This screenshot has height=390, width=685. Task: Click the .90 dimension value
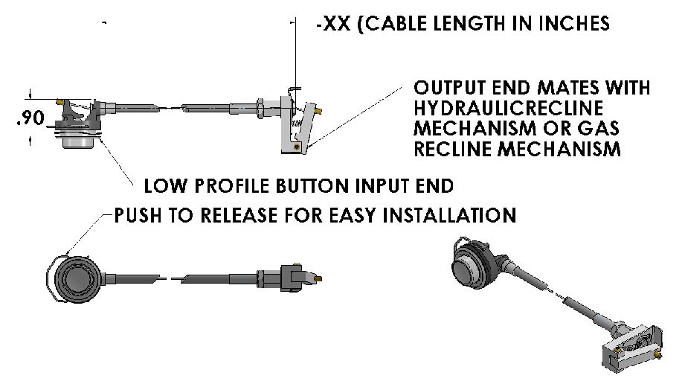30,118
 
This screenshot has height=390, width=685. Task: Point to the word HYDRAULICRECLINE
508,108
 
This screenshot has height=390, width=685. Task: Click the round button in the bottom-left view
77,279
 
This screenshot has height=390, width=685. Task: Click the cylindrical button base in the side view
79,141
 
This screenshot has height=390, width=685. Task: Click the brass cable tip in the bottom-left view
318,278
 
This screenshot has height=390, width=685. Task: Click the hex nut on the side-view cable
260,109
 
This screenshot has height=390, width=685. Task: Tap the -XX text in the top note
333,23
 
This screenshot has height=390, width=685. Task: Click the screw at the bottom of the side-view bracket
297,147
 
